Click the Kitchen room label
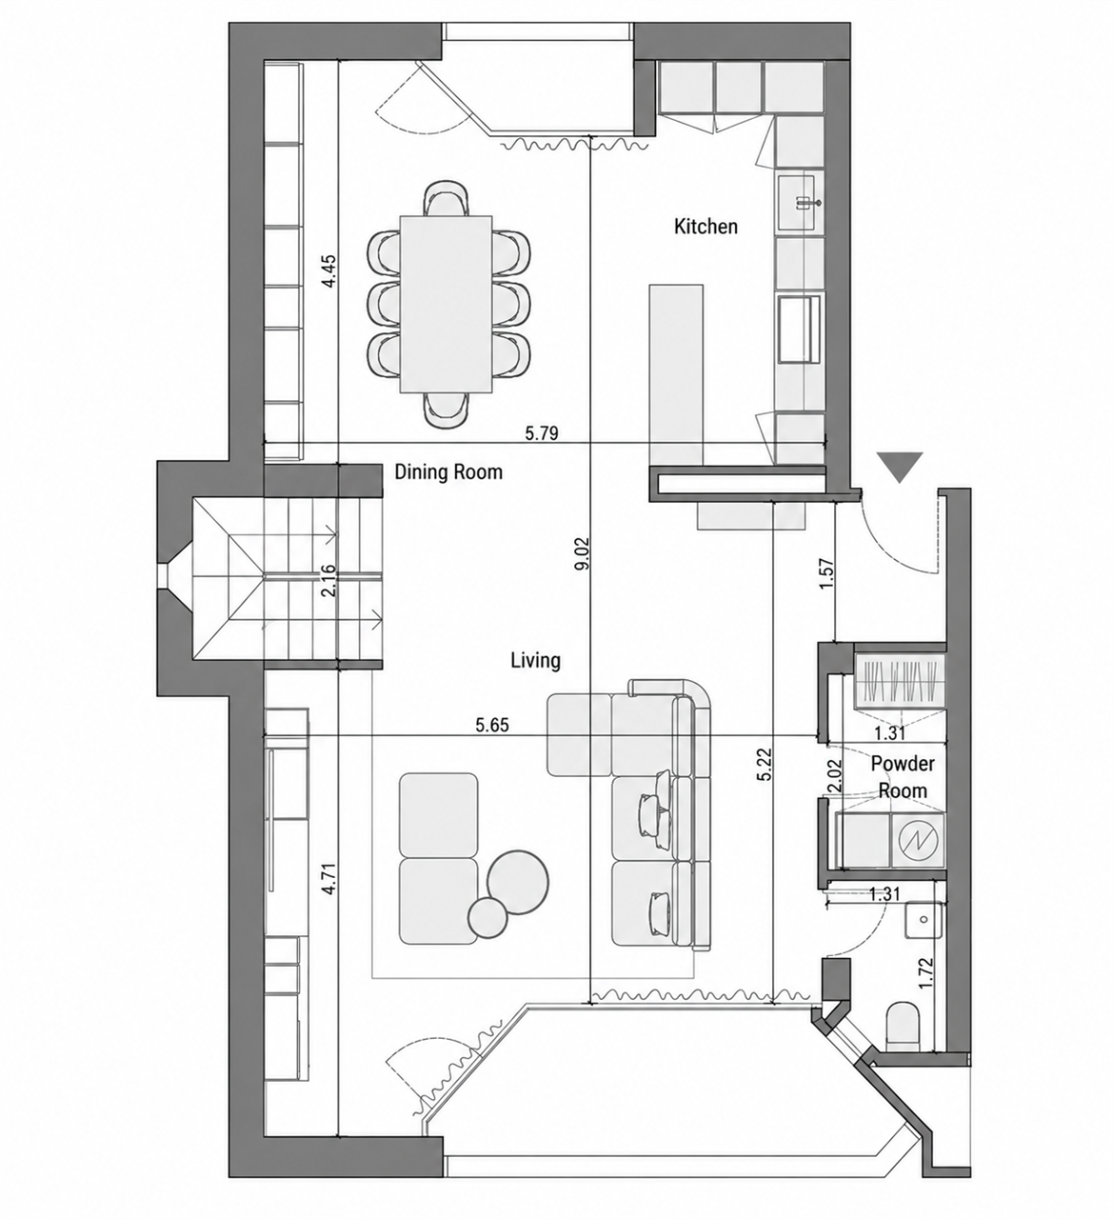pyautogui.click(x=706, y=227)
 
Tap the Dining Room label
pyautogui.click(x=448, y=471)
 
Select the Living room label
pyautogui.click(x=535, y=661)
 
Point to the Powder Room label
pyautogui.click(x=903, y=777)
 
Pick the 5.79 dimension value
pyautogui.click(x=542, y=433)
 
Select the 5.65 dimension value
pyautogui.click(x=492, y=725)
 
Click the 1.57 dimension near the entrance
pyautogui.click(x=826, y=574)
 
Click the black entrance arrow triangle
pyautogui.click(x=901, y=468)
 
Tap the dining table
pyautogui.click(x=446, y=304)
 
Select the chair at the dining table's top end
pyautogui.click(x=447, y=198)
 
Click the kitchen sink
pyautogui.click(x=800, y=202)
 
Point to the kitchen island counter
pyautogui.click(x=676, y=375)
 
